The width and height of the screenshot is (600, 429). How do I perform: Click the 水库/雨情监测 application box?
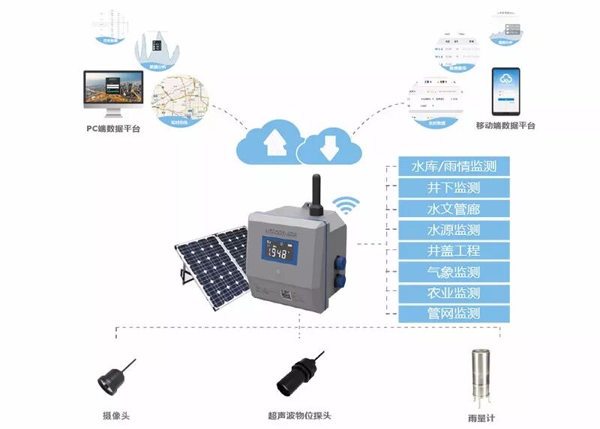[x=449, y=166]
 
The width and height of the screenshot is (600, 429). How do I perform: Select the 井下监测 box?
[x=449, y=187]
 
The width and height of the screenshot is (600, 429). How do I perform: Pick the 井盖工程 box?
[x=449, y=251]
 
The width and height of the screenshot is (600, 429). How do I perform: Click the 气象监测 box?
[x=449, y=272]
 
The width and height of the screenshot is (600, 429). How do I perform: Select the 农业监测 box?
[x=449, y=293]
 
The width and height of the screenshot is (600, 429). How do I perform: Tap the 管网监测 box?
[x=449, y=314]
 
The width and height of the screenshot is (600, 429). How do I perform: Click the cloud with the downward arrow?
[x=327, y=148]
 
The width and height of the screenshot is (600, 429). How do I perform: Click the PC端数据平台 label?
[x=113, y=129]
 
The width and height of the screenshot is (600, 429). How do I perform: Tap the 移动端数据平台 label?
[x=505, y=125]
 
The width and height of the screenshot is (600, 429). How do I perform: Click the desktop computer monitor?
[x=113, y=92]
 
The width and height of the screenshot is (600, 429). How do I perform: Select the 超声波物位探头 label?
[x=299, y=416]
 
